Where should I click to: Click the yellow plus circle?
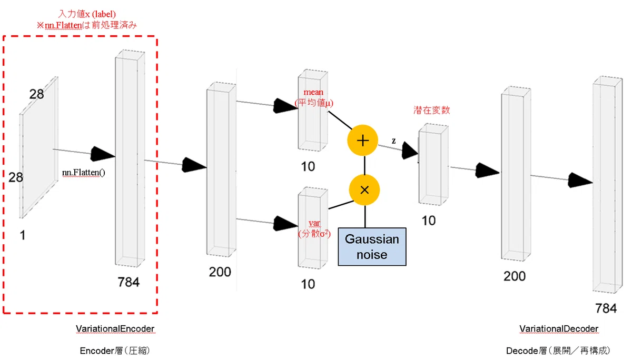coord(362,141)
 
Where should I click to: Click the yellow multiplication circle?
coord(364,189)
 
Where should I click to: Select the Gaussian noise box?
coord(372,247)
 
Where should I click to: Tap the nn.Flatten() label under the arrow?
coord(84,172)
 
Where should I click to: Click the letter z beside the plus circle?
coord(393,141)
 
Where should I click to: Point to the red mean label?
coord(313,92)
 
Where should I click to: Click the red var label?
coord(314,223)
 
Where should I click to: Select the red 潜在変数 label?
coord(431,110)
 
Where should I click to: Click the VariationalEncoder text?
coord(115,329)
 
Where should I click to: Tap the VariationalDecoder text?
coord(559,329)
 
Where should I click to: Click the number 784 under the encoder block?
coord(129,282)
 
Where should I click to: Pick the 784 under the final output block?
coord(606,308)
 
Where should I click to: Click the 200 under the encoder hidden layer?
coord(220,272)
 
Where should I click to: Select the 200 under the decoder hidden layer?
coord(515,276)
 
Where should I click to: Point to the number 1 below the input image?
coord(23,235)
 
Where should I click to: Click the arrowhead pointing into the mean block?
coord(285,106)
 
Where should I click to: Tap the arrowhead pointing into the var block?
coord(285,224)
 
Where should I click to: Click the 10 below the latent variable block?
coord(429,221)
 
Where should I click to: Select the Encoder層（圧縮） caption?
coord(115,351)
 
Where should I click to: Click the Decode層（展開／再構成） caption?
coord(558,351)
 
